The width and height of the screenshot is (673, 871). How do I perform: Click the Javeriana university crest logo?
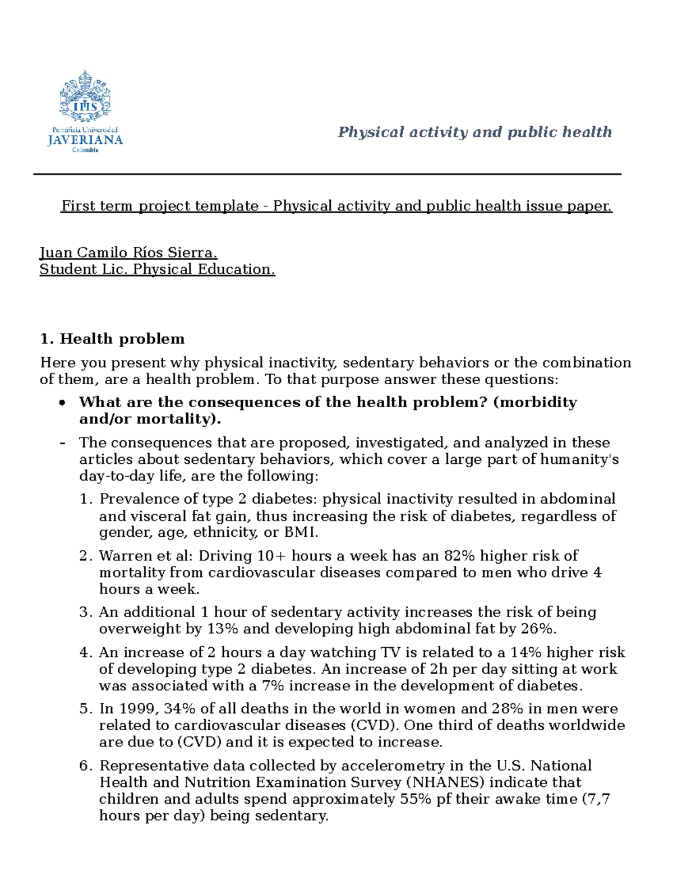[x=85, y=96]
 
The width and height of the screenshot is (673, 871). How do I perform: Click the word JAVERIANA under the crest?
[x=85, y=141]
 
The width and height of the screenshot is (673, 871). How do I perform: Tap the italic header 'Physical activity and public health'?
[x=474, y=132]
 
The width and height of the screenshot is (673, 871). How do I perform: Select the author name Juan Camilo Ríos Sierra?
[x=128, y=253]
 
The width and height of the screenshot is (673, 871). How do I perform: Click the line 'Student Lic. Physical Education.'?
[x=157, y=270]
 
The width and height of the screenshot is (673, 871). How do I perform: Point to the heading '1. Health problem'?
[x=112, y=339]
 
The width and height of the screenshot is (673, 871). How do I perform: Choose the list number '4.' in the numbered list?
[x=85, y=653]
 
